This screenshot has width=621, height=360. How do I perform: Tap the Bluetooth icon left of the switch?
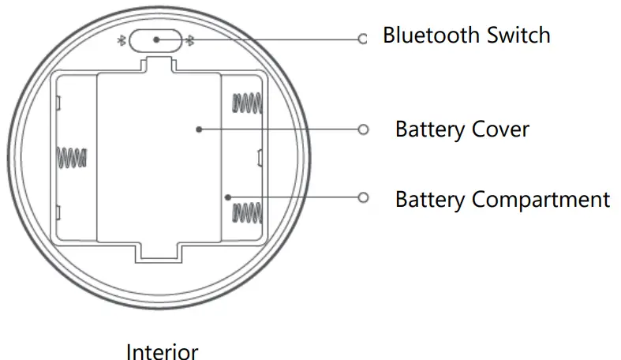click(122, 39)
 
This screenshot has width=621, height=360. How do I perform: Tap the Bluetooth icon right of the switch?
click(189, 39)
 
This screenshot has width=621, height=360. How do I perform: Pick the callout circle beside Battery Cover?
click(363, 129)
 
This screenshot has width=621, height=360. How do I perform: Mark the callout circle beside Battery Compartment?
click(363, 197)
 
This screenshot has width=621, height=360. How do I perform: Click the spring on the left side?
click(72, 157)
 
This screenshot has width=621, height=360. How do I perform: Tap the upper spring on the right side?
click(245, 103)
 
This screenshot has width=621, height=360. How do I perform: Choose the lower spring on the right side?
click(245, 212)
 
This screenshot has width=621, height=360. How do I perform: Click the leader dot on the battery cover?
click(198, 129)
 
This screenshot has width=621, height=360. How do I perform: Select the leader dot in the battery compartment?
click(226, 197)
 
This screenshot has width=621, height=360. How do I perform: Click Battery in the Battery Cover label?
click(431, 129)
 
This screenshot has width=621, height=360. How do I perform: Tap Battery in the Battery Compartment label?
click(431, 199)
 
